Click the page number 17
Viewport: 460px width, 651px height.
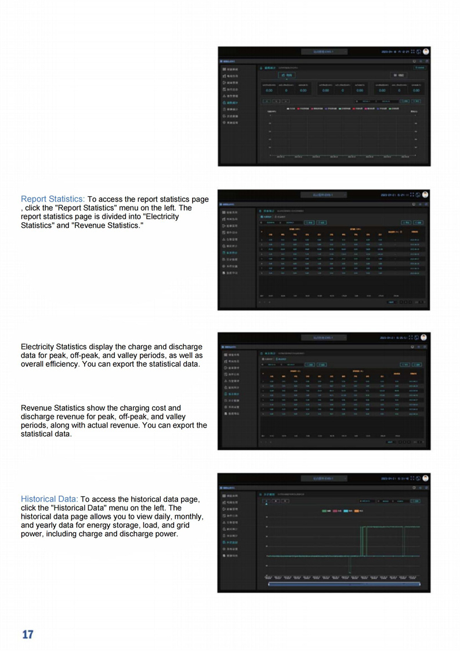click(28, 634)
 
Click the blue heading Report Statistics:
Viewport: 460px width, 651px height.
click(53, 199)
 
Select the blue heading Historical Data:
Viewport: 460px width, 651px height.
click(49, 498)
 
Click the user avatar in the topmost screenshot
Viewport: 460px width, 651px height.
click(425, 52)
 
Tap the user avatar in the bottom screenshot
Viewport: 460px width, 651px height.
click(425, 479)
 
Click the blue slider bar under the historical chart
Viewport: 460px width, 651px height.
click(344, 584)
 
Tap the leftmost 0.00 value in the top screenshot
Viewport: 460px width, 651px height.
click(269, 91)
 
